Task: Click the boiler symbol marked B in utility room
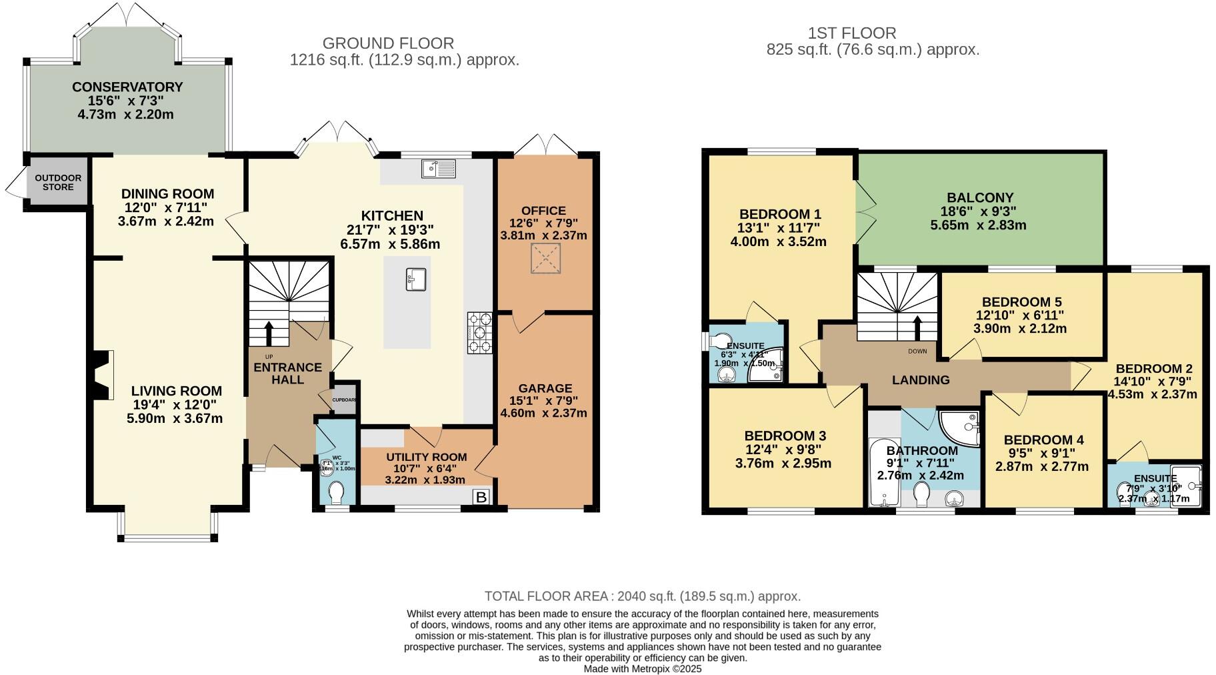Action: (x=481, y=497)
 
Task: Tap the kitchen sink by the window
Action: (x=438, y=168)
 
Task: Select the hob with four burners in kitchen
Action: (x=480, y=333)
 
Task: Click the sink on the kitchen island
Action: (x=416, y=279)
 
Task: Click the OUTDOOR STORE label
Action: (x=58, y=182)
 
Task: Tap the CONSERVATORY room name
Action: (x=127, y=87)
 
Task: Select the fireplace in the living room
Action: (x=102, y=375)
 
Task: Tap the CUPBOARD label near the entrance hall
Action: (x=345, y=400)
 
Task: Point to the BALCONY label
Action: (x=980, y=197)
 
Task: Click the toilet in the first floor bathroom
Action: (x=922, y=494)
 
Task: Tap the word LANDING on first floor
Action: (x=921, y=380)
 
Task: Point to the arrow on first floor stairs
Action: (x=917, y=327)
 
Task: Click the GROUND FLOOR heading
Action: (x=388, y=43)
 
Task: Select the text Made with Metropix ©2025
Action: (x=643, y=668)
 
